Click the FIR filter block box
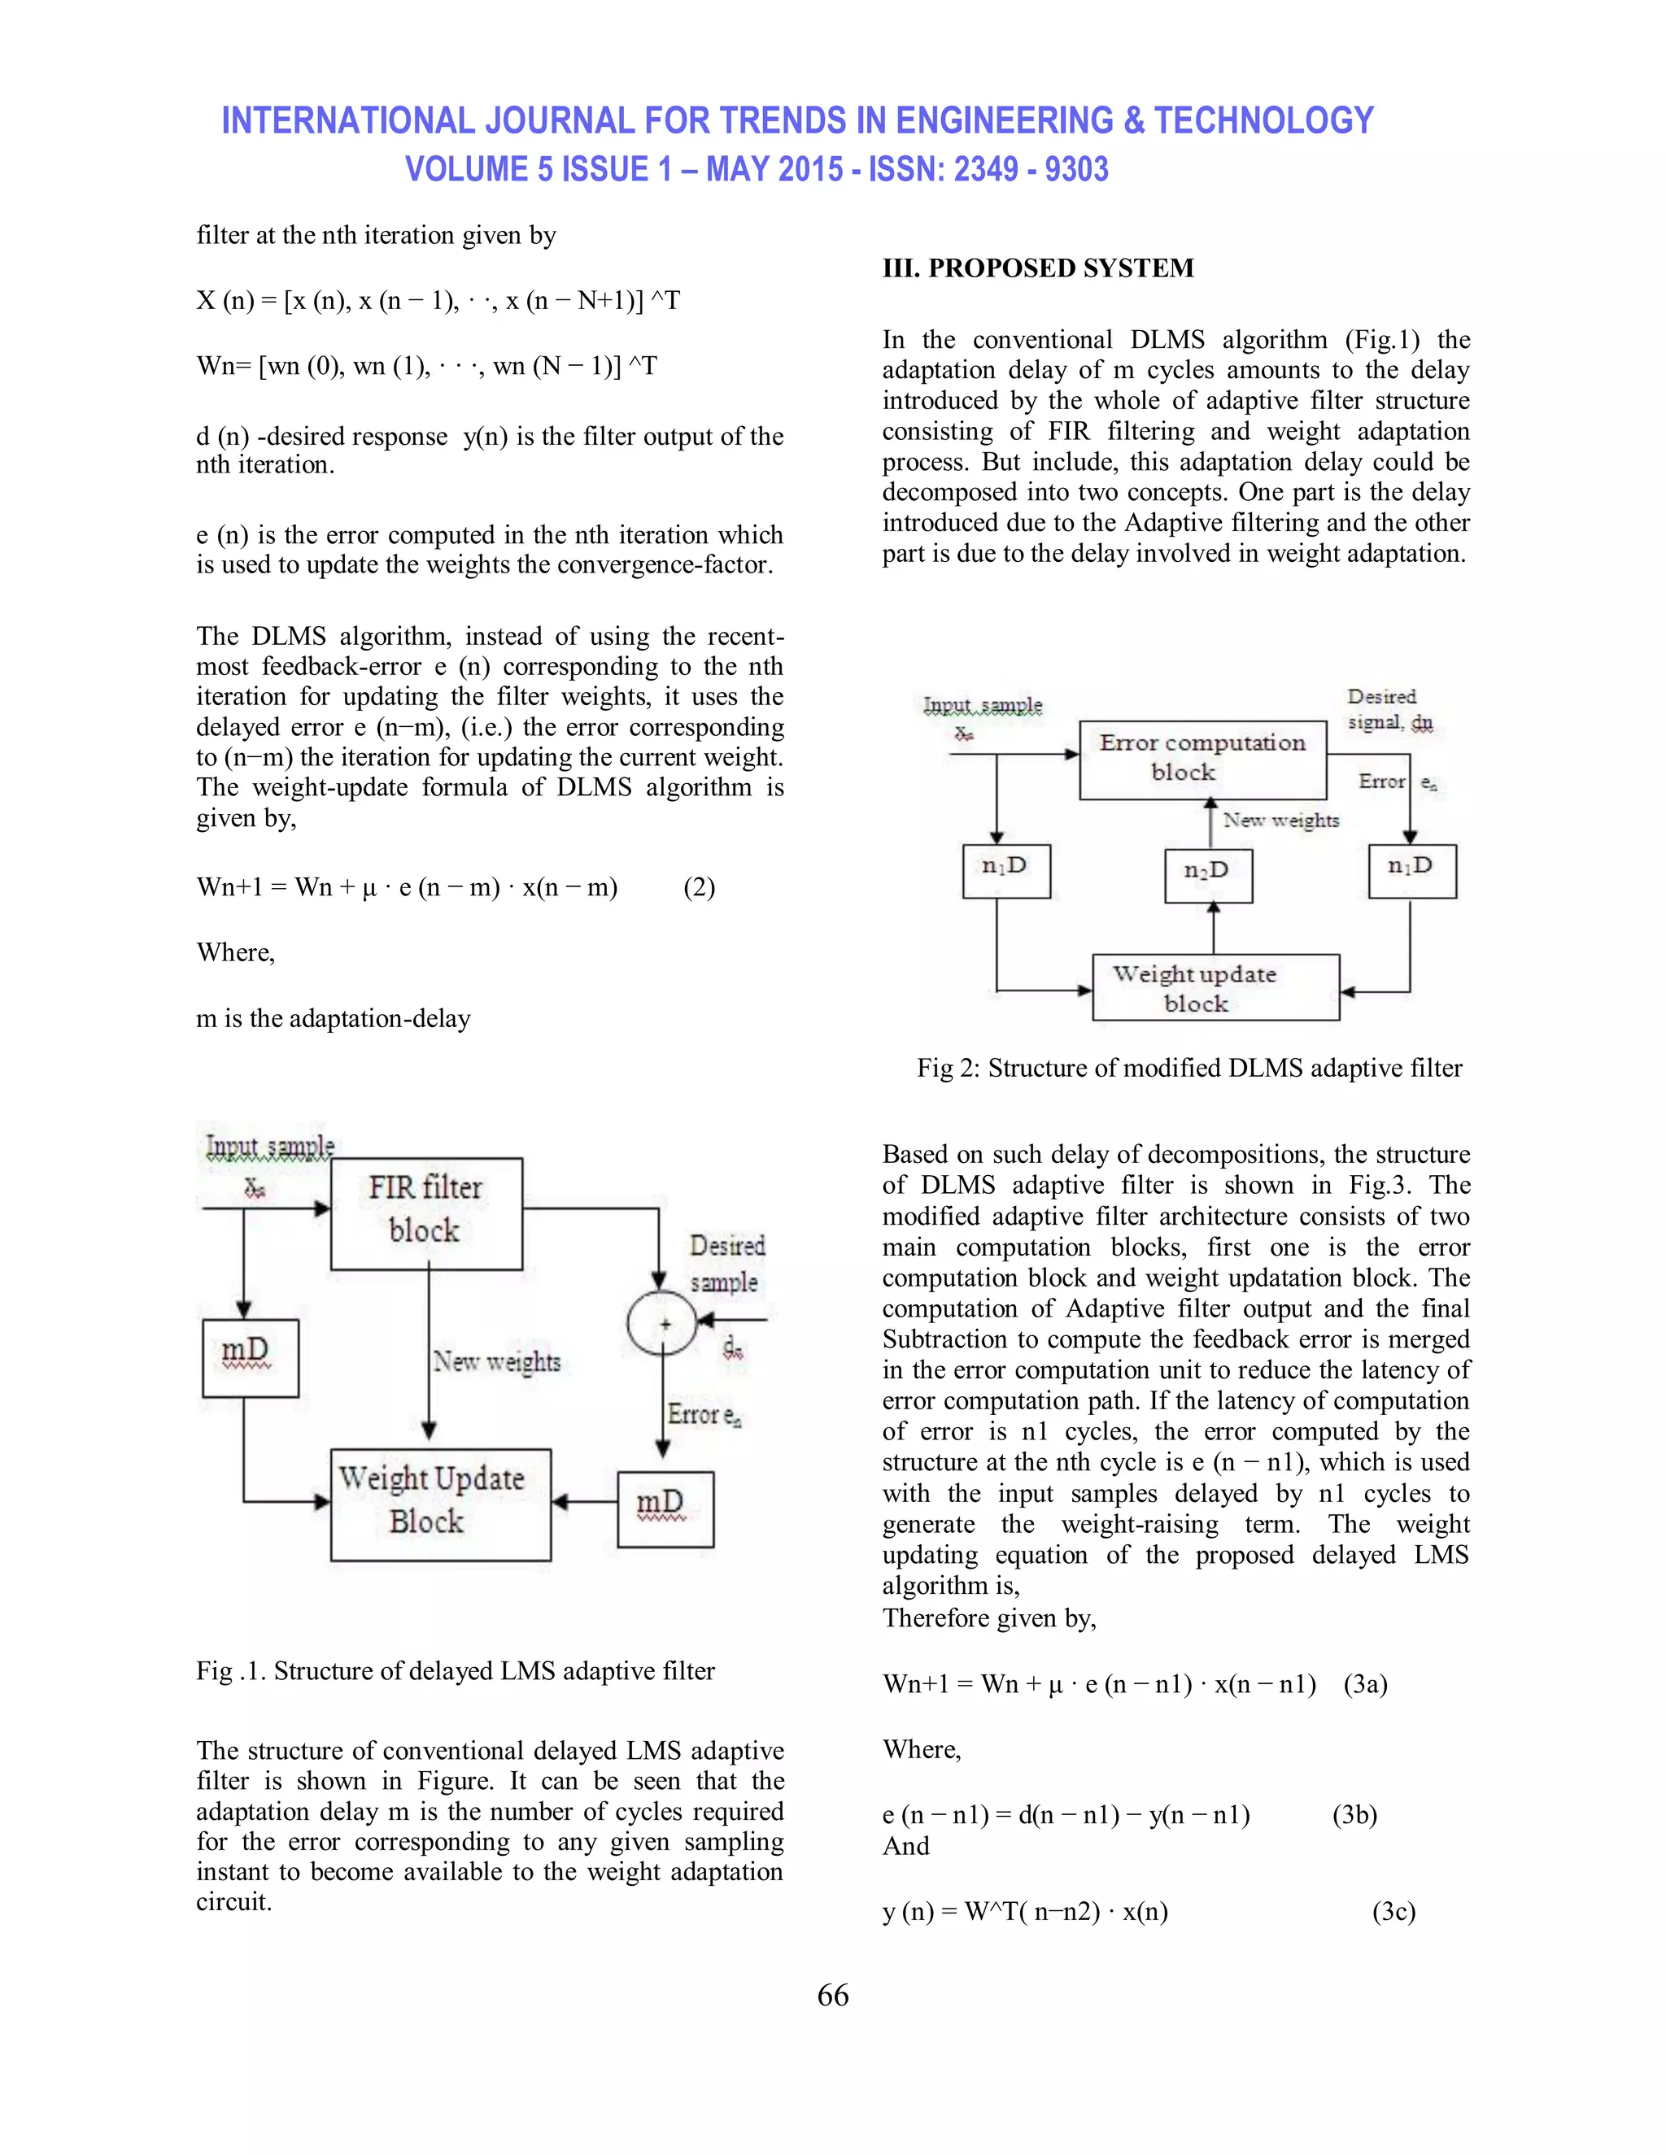pyautogui.click(x=425, y=1212)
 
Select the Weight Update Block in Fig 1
pyautogui.click(x=440, y=1504)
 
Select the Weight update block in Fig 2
pyautogui.click(x=1215, y=986)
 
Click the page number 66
pyautogui.click(x=832, y=1995)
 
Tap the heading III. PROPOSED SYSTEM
pyautogui.click(x=1037, y=268)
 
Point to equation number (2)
pyautogui.click(x=699, y=887)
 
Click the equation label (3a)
pyautogui.click(x=1365, y=1683)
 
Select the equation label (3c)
pyautogui.click(x=1393, y=1911)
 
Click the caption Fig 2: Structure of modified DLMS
pyautogui.click(x=1188, y=1068)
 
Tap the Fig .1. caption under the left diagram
pyautogui.click(x=455, y=1670)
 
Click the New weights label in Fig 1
pyautogui.click(x=497, y=1361)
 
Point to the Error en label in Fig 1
pyautogui.click(x=704, y=1414)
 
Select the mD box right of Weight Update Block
pyautogui.click(x=665, y=1508)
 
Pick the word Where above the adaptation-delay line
pyautogui.click(x=235, y=952)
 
